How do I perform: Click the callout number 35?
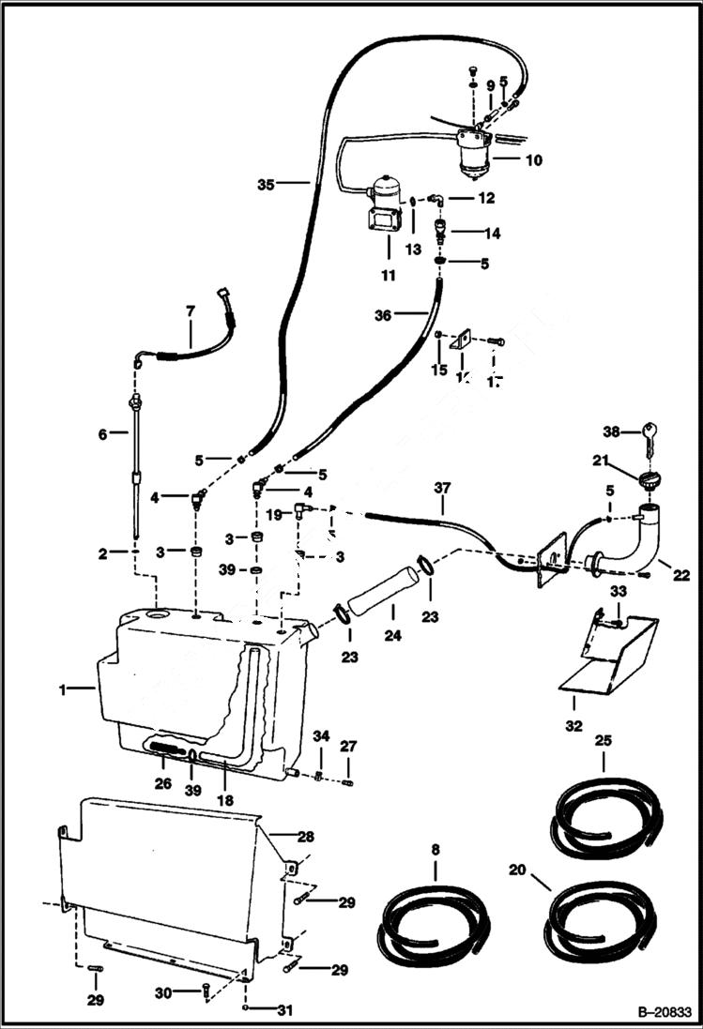266,185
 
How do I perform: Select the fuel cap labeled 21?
647,481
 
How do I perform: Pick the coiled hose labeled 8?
434,923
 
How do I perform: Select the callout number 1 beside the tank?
64,689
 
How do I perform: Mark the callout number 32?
573,725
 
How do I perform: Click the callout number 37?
442,488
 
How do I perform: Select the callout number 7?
190,310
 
